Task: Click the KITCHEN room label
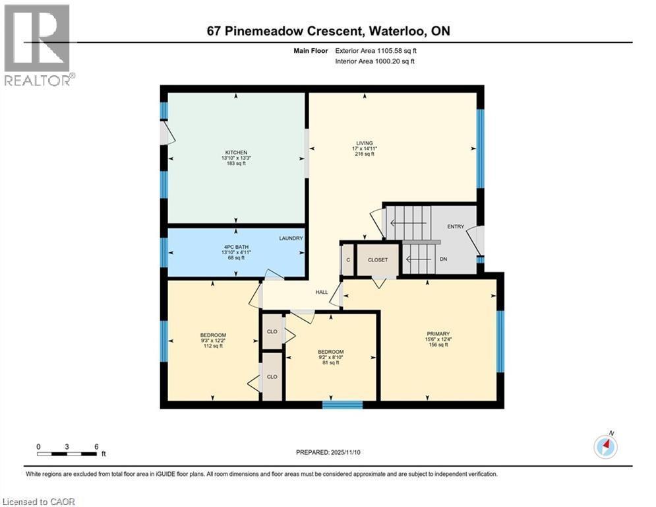(x=235, y=153)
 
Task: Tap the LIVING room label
(x=365, y=143)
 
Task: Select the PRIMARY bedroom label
(x=437, y=334)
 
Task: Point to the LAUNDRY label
(x=290, y=238)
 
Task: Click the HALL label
(x=322, y=291)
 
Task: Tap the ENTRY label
(x=456, y=226)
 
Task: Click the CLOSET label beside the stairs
(x=378, y=259)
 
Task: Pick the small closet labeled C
(x=347, y=259)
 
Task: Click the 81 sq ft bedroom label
(x=330, y=352)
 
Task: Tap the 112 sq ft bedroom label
(x=213, y=335)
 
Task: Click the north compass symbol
(x=605, y=447)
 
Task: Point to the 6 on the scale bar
(x=96, y=446)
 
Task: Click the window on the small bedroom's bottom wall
(x=342, y=405)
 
